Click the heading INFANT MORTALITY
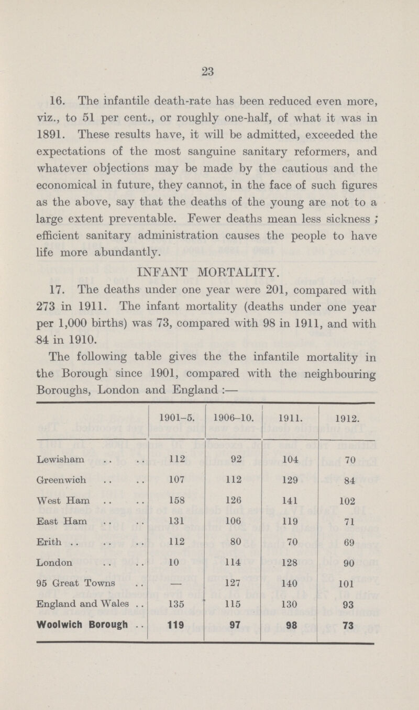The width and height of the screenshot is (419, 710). [210, 272]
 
